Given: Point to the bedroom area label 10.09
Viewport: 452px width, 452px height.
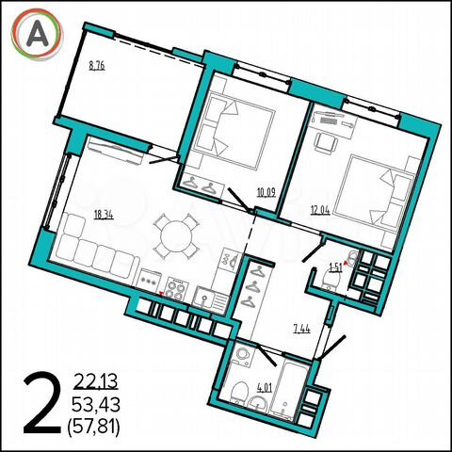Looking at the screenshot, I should tap(266, 195).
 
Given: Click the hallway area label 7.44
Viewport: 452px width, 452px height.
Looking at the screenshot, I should tap(300, 329).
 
